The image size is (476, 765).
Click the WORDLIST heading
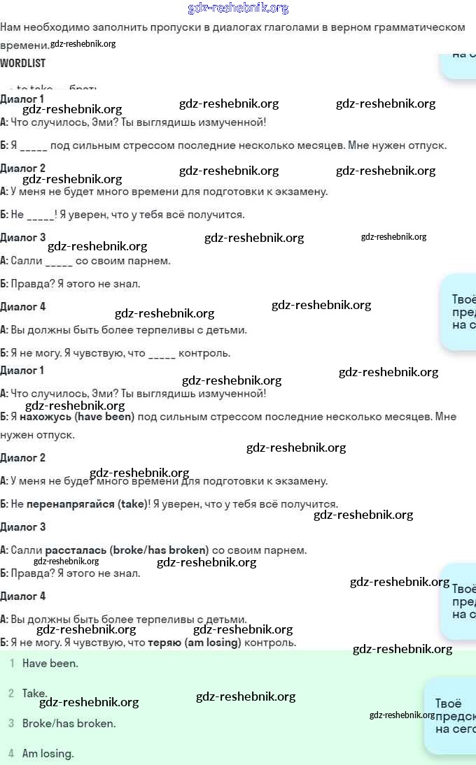[23, 63]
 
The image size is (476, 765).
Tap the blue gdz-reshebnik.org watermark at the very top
[238, 8]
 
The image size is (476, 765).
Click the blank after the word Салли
[59, 262]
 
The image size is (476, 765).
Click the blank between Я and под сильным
[34, 146]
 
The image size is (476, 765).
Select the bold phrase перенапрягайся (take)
[87, 504]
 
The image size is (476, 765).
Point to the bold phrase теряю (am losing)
[194, 643]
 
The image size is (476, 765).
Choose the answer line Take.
[34, 694]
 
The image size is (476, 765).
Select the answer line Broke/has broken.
[69, 724]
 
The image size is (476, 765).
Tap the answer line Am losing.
[48, 754]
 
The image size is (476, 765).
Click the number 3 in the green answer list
[11, 724]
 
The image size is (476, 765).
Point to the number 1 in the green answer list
[11, 664]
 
